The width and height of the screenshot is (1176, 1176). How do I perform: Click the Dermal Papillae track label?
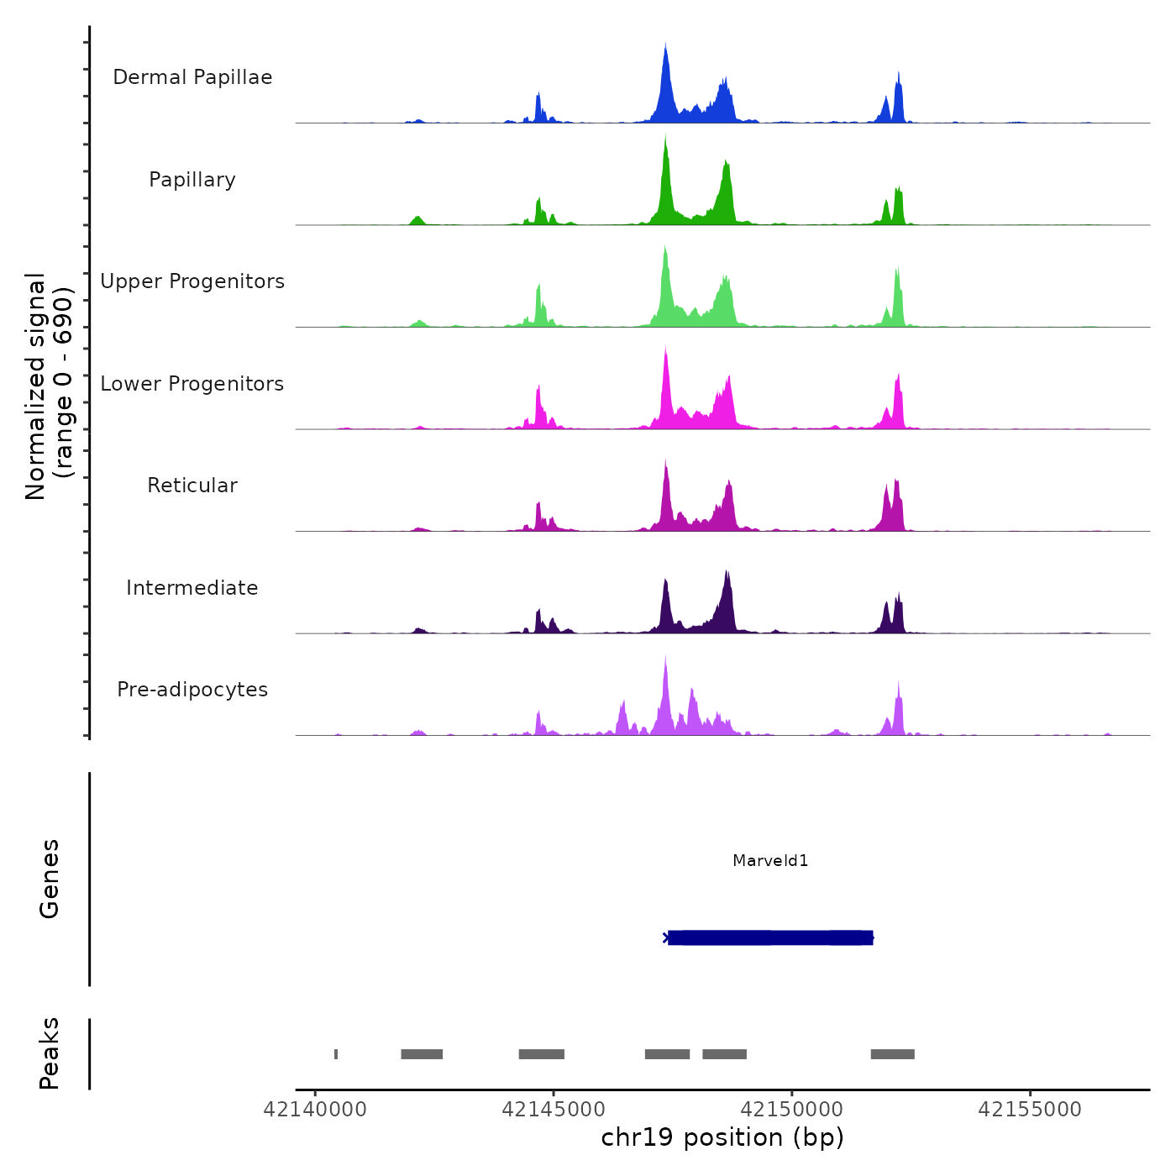click(192, 77)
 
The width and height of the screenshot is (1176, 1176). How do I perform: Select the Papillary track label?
click(192, 180)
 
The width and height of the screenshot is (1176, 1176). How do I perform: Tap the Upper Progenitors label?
click(192, 281)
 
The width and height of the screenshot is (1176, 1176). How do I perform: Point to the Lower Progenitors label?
click(192, 384)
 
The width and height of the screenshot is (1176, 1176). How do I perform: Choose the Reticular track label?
click(192, 486)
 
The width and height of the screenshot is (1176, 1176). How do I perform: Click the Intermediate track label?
click(192, 588)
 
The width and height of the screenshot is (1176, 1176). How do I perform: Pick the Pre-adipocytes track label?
click(192, 690)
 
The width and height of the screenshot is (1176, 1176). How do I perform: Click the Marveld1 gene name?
click(770, 860)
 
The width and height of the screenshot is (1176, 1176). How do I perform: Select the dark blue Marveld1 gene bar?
click(770, 937)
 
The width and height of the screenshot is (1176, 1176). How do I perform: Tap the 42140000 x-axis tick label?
click(315, 1110)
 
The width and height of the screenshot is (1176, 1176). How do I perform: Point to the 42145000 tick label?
click(554, 1110)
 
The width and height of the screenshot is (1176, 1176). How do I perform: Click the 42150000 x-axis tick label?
click(791, 1110)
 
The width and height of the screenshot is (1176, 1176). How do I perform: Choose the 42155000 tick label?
click(1030, 1110)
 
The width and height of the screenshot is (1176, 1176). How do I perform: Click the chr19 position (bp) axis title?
click(722, 1137)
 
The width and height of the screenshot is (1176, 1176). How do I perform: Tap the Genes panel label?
click(50, 879)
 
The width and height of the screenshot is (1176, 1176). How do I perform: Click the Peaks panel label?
click(50, 1053)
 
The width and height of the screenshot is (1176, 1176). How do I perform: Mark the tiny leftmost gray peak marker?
click(336, 1054)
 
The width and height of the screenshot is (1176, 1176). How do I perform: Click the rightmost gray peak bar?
click(892, 1054)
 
